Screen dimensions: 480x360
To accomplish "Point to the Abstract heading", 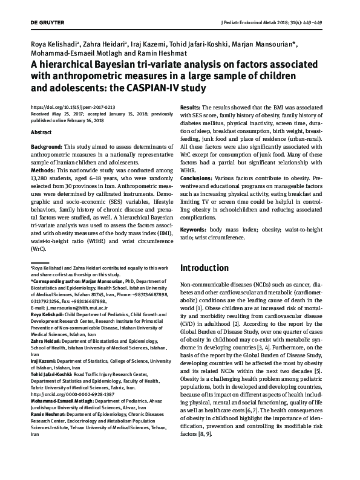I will coord(41,132).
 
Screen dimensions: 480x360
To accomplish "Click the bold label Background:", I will coord(46,147).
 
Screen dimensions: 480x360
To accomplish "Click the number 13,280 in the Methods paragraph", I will coord(41,179).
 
